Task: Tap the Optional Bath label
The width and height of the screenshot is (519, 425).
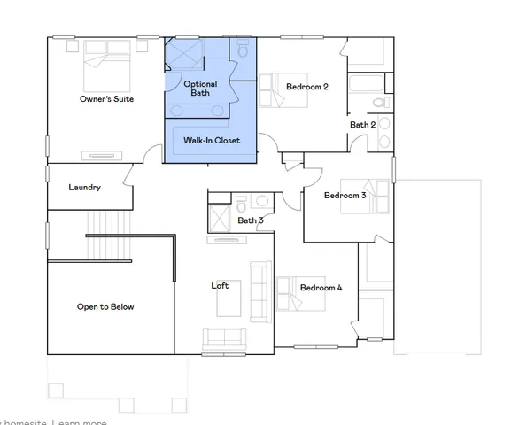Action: (x=200, y=89)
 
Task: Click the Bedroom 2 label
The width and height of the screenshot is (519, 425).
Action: (x=307, y=87)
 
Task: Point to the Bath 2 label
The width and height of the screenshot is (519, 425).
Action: (x=362, y=125)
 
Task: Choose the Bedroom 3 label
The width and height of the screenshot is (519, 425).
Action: (x=345, y=195)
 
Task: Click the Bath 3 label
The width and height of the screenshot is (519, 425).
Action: (x=251, y=220)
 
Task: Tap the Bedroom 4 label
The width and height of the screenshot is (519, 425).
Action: (x=321, y=288)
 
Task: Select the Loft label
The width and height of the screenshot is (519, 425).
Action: (x=220, y=285)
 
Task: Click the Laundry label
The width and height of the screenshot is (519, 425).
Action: (x=85, y=188)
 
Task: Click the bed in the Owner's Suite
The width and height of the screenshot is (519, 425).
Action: (x=108, y=62)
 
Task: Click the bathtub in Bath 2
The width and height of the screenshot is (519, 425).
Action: (x=364, y=86)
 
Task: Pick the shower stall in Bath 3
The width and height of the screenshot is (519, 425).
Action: (x=219, y=218)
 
